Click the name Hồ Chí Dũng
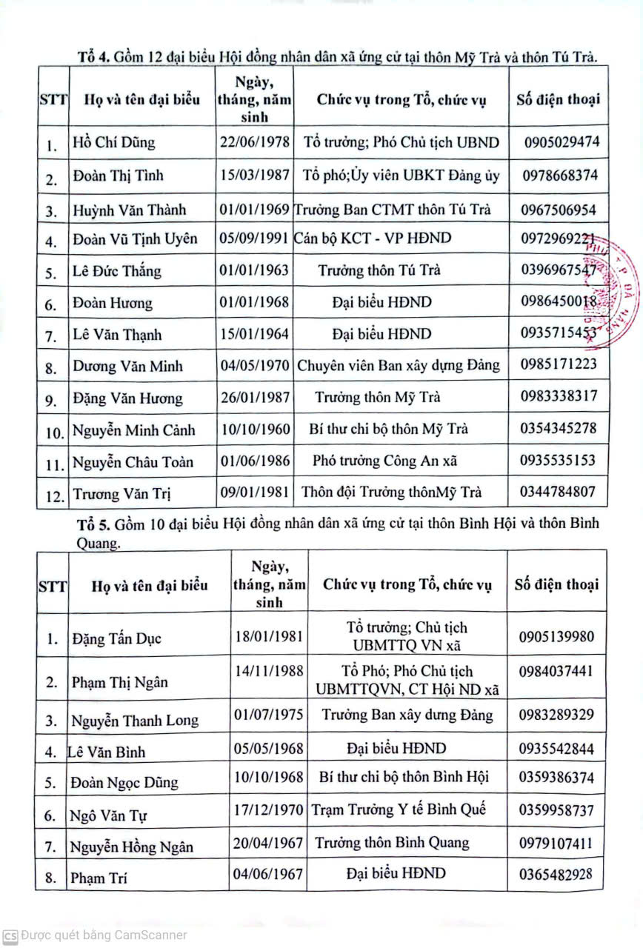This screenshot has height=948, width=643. (x=114, y=142)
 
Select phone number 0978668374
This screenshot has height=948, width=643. (x=559, y=176)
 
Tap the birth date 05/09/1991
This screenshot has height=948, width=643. (x=254, y=238)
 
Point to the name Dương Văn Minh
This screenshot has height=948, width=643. (x=127, y=366)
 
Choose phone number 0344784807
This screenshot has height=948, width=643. (x=558, y=491)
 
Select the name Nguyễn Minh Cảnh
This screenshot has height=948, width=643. (x=133, y=430)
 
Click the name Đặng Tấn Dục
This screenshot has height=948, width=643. (x=116, y=638)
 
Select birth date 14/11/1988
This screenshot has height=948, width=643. (x=268, y=672)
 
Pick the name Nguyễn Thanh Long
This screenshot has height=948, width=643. (x=134, y=720)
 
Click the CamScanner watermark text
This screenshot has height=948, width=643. (x=104, y=935)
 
